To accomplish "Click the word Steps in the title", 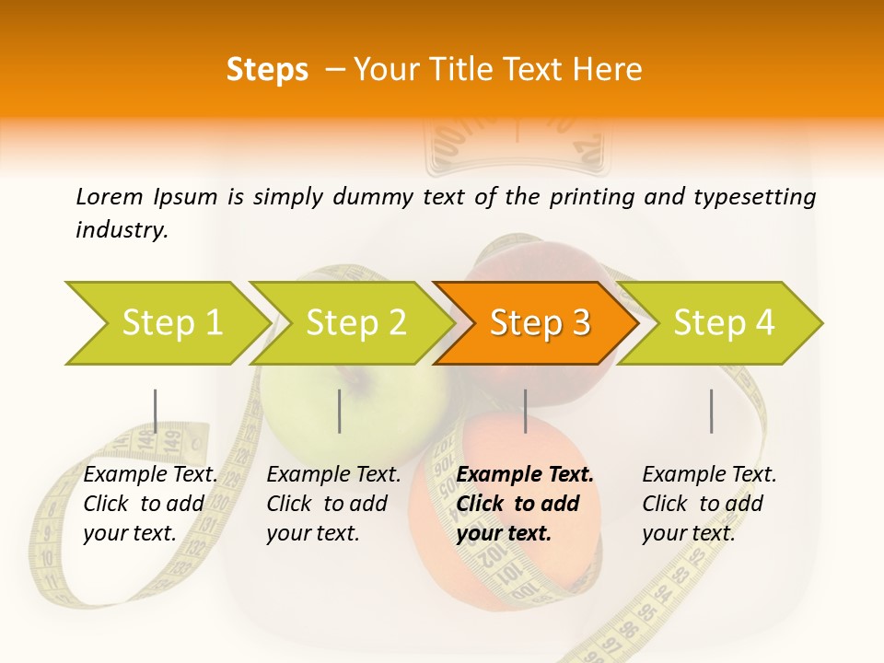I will pyautogui.click(x=267, y=70).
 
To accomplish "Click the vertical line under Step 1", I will pyautogui.click(x=155, y=411).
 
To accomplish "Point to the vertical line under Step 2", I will pyautogui.click(x=340, y=411).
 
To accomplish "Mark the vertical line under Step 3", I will pyautogui.click(x=525, y=411).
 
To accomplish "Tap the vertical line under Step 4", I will pyautogui.click(x=711, y=411).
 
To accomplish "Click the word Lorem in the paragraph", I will pyautogui.click(x=109, y=197).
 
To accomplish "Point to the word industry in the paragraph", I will pyautogui.click(x=122, y=230).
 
